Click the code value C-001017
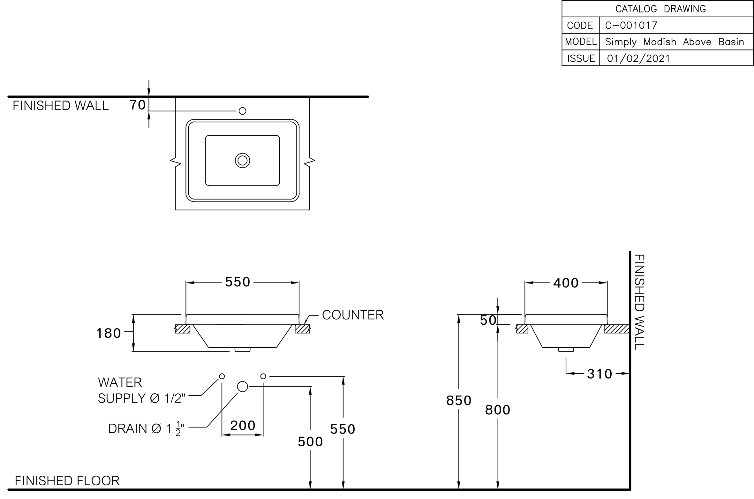(x=631, y=25)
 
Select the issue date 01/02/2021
(x=638, y=58)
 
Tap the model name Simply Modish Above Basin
(x=674, y=42)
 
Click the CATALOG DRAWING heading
(x=660, y=9)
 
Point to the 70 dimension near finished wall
(x=137, y=105)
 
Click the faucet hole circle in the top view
(x=242, y=111)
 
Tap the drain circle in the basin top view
(x=242, y=161)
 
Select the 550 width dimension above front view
(x=238, y=282)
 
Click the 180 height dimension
(x=109, y=333)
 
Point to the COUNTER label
(x=352, y=315)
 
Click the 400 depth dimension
(x=566, y=283)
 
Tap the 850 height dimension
(x=459, y=400)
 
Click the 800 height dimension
(x=497, y=410)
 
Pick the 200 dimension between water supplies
(x=243, y=426)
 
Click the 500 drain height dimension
(x=310, y=442)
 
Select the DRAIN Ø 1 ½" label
(x=146, y=428)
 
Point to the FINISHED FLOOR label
(x=67, y=481)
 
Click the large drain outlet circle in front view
(x=242, y=387)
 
